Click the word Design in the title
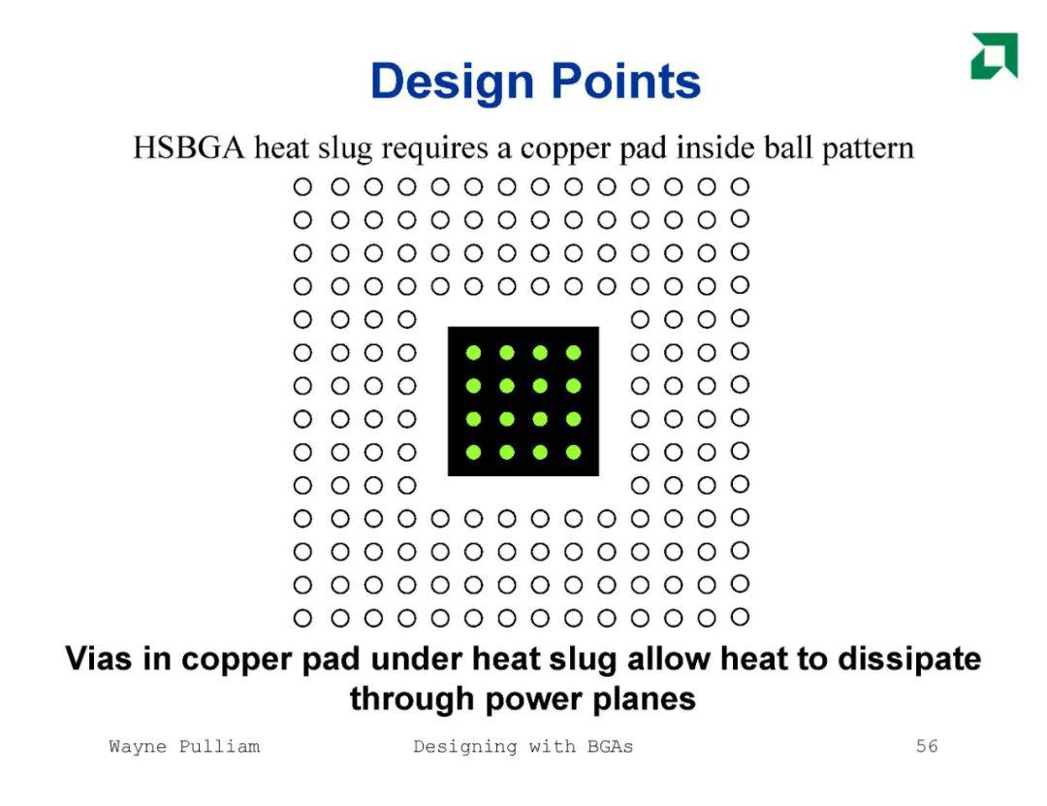452,81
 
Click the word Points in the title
626,81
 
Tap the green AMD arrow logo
995,55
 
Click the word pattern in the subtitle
868,147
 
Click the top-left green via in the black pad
473,352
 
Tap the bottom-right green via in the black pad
573,452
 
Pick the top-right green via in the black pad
573,352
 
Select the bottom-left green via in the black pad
473,452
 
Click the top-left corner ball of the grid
302,187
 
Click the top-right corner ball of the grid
740,186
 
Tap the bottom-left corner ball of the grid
302,618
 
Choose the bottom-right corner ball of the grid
740,616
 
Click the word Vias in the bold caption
99,659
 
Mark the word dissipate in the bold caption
909,660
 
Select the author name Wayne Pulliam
184,747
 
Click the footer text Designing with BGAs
523,747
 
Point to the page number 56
927,746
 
